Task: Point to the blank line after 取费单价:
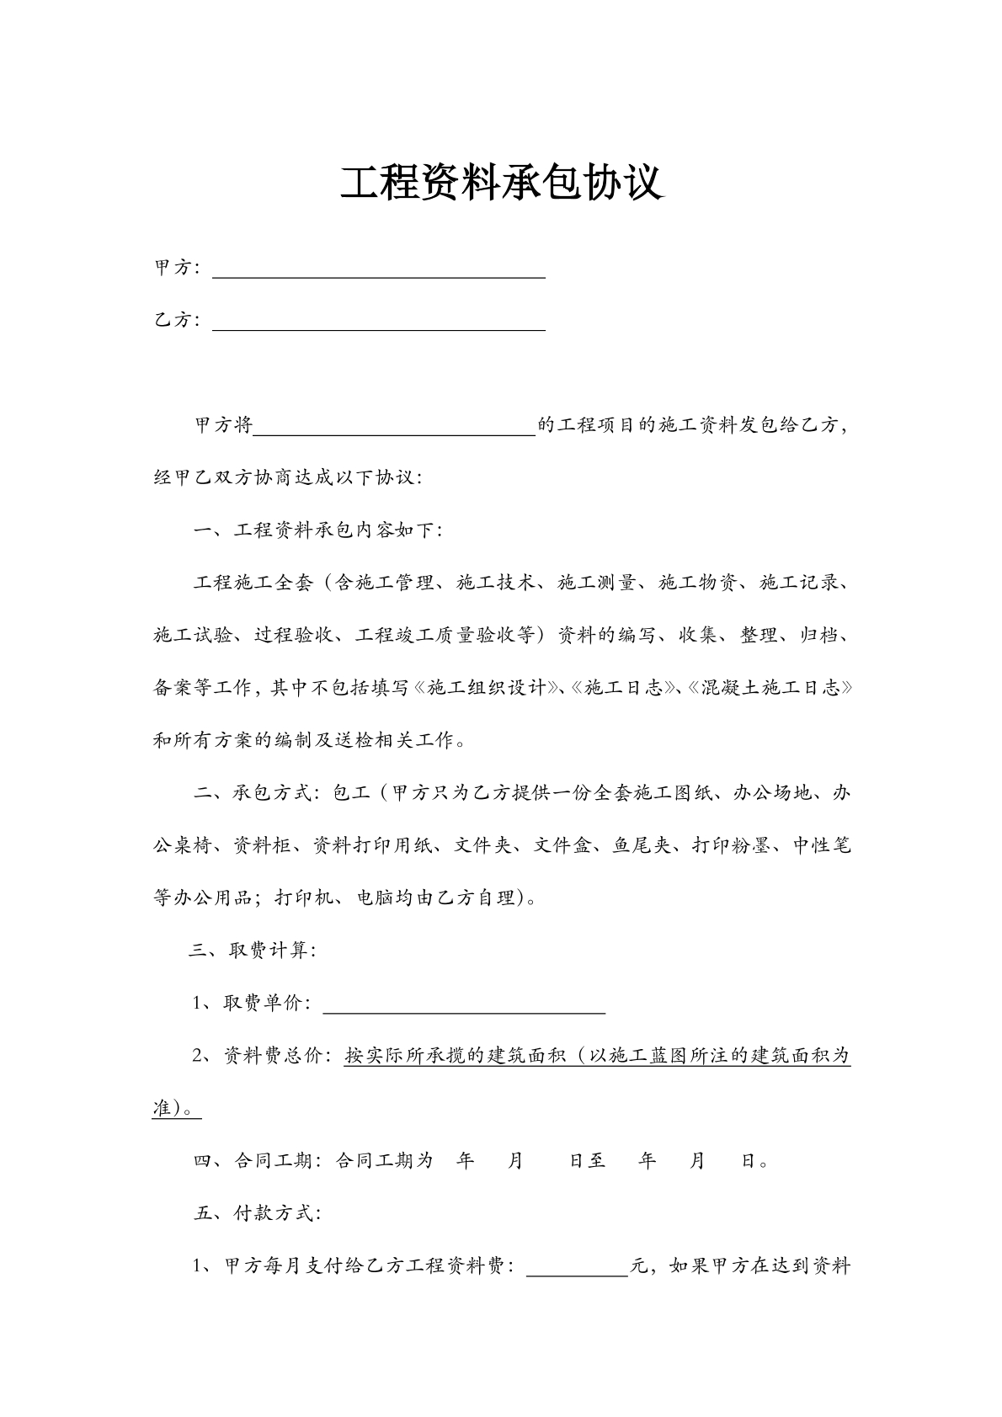(x=464, y=1007)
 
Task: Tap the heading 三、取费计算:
(x=253, y=951)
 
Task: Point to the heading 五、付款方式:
(x=256, y=1214)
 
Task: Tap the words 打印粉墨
(x=730, y=846)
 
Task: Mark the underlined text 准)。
(x=176, y=1109)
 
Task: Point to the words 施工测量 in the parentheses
(x=595, y=583)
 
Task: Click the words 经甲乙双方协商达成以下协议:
(x=288, y=478)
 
